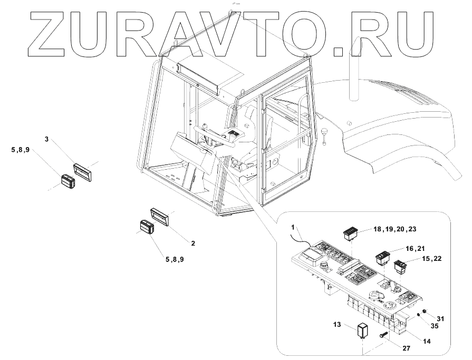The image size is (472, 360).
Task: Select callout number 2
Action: (193, 244)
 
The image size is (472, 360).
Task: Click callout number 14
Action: (427, 341)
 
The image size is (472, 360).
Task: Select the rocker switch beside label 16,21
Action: (382, 257)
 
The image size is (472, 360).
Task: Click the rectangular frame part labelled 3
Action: (83, 168)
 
